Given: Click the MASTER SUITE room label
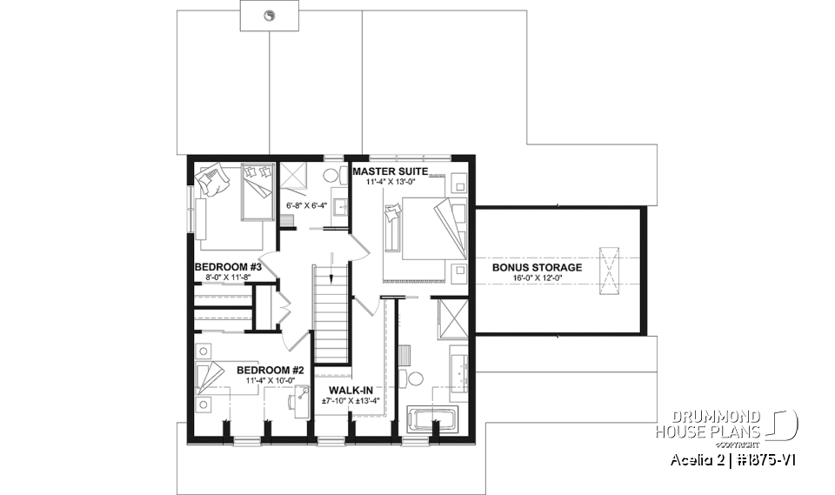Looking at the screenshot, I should tap(390, 172).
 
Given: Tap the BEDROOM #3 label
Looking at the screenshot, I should tap(222, 267).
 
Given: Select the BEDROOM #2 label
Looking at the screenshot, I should tap(267, 370).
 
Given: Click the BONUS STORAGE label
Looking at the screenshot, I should tap(537, 267).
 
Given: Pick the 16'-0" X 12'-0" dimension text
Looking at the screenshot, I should tap(537, 278).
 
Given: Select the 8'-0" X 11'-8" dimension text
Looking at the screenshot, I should tap(222, 278).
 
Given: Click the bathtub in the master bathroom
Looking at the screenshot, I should tap(433, 418).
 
